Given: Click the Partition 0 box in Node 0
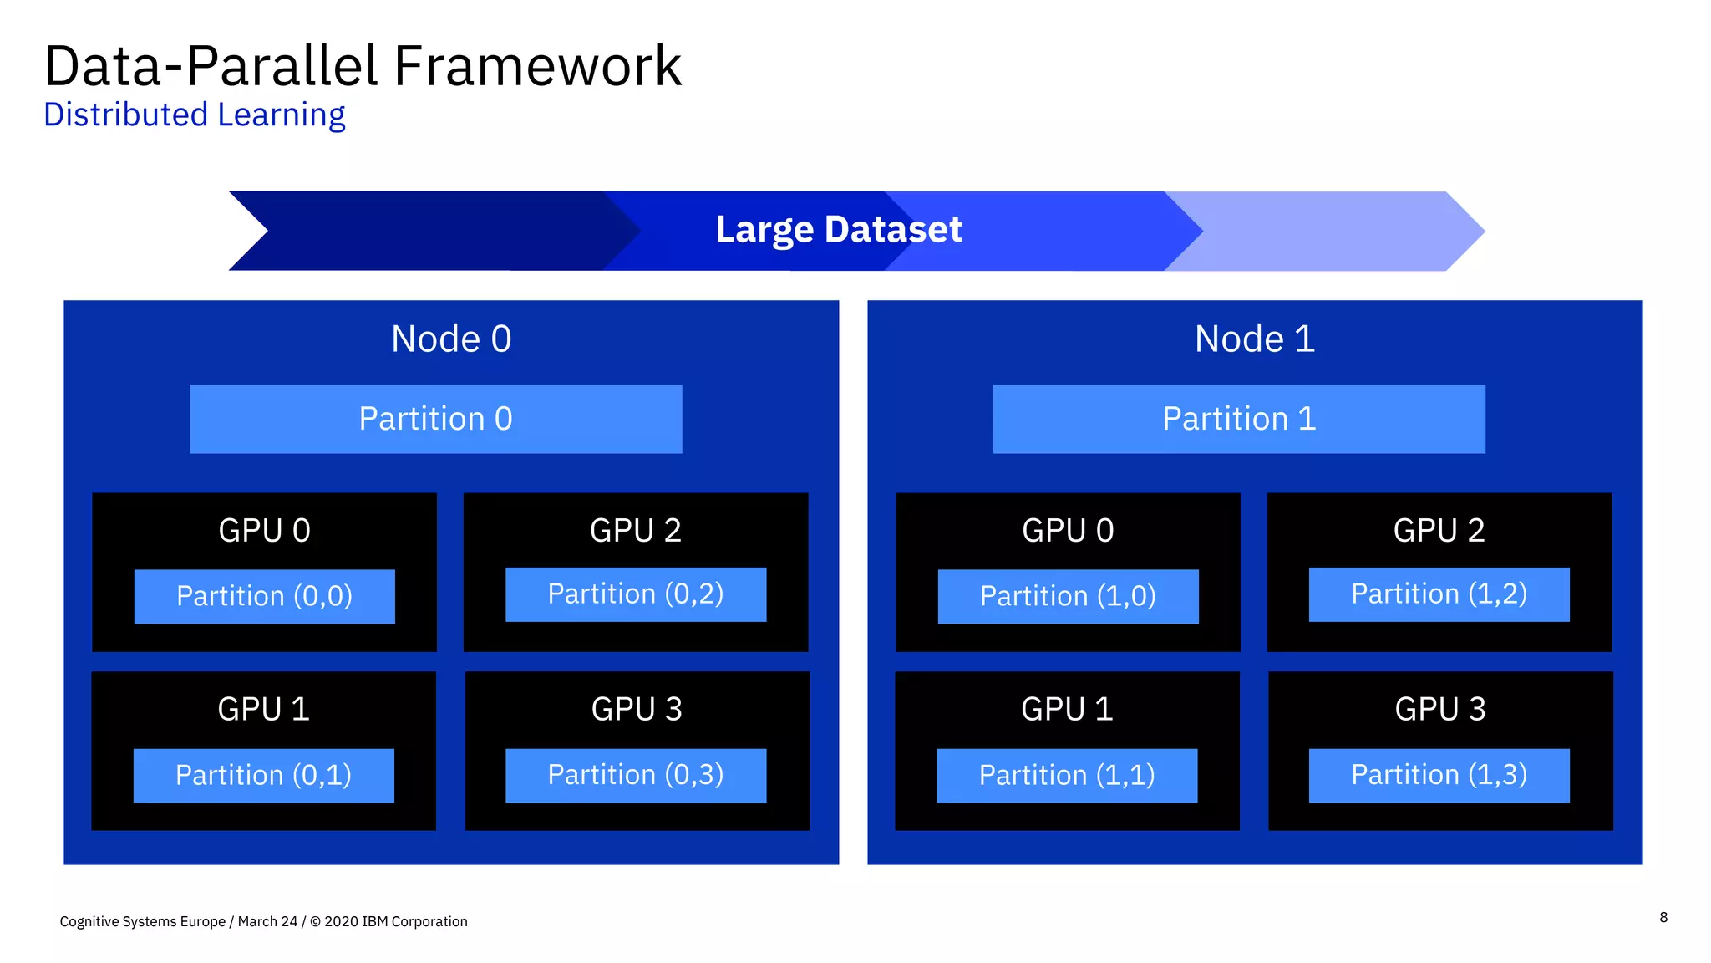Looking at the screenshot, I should (x=435, y=419).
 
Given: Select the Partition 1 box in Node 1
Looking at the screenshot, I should (x=1238, y=419).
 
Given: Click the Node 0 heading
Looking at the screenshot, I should (x=451, y=339).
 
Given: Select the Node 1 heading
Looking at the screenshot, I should (x=1254, y=339).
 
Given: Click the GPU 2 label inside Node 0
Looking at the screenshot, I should (x=635, y=531).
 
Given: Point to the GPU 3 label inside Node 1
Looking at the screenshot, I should (x=1439, y=710).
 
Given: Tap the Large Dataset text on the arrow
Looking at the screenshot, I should (x=838, y=230).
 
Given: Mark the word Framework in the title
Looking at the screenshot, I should (x=537, y=67).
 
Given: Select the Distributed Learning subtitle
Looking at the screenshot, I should (x=194, y=115).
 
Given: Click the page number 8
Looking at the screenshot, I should (x=1663, y=917).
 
